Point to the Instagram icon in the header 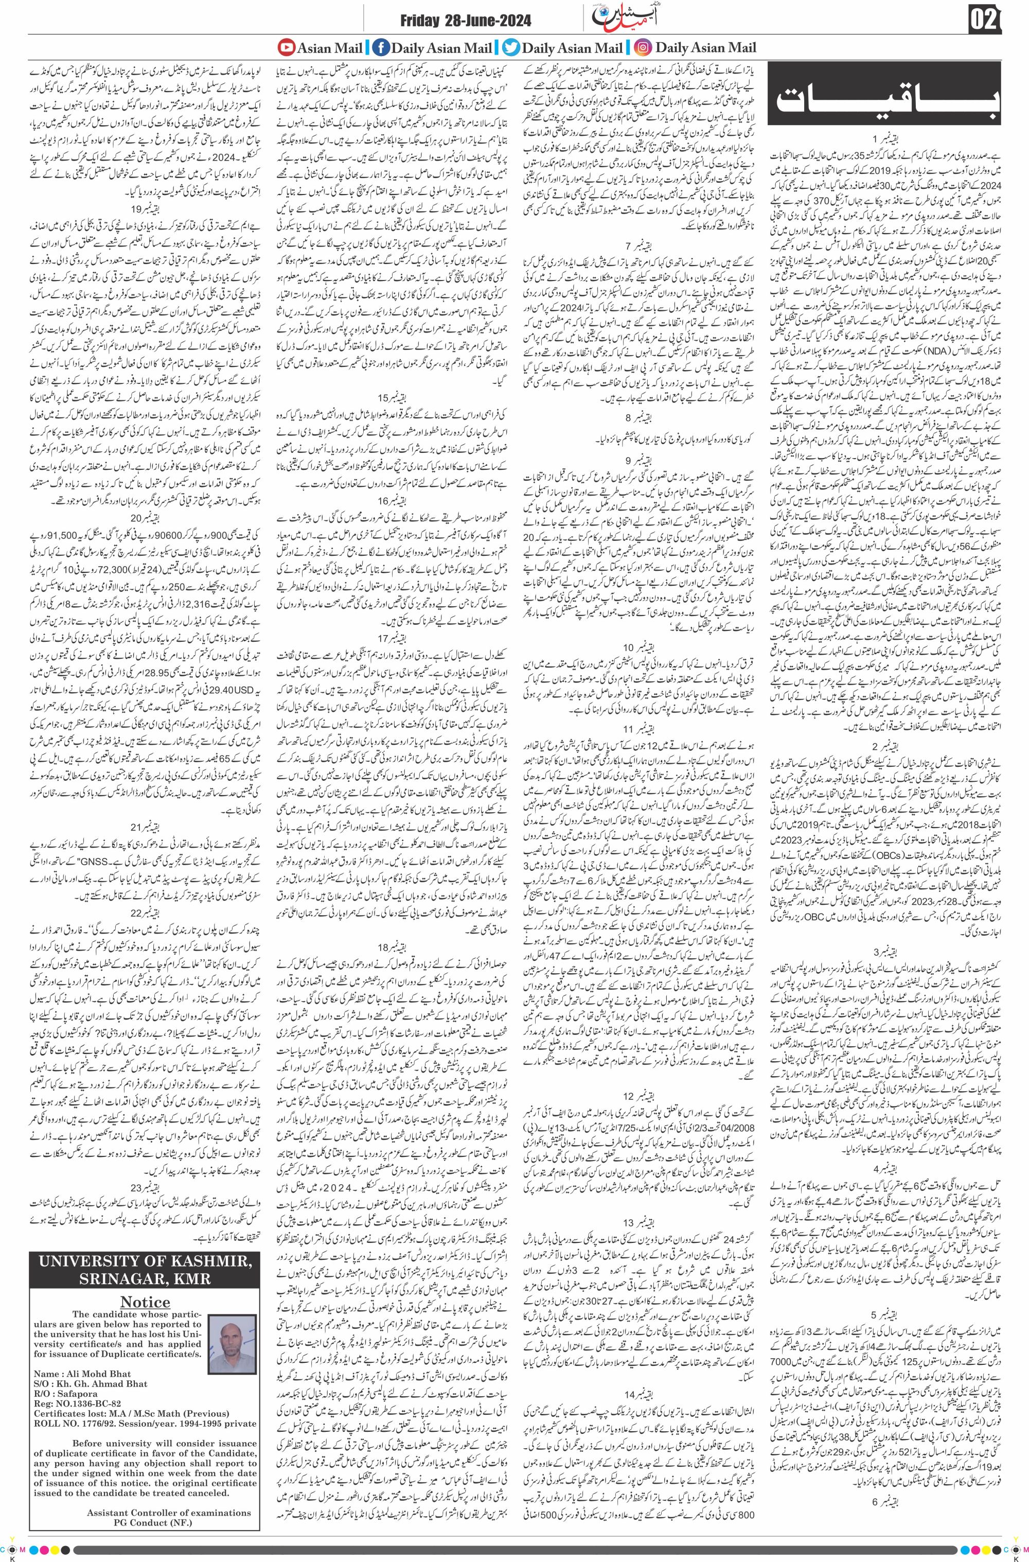click(x=644, y=47)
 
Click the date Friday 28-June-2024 click(x=466, y=22)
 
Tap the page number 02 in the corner click(x=984, y=21)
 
